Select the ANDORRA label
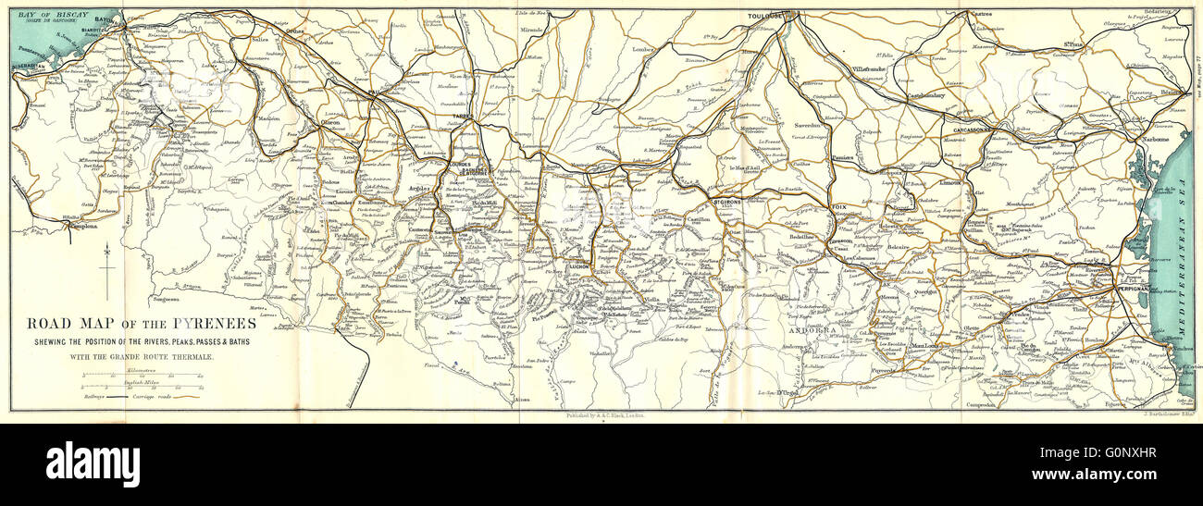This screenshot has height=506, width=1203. pos(812,329)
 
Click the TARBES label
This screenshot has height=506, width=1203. pos(463,117)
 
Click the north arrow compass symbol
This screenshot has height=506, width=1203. pos(108,268)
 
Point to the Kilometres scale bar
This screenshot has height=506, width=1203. pos(142,376)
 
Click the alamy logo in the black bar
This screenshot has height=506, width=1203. pos(93,463)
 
